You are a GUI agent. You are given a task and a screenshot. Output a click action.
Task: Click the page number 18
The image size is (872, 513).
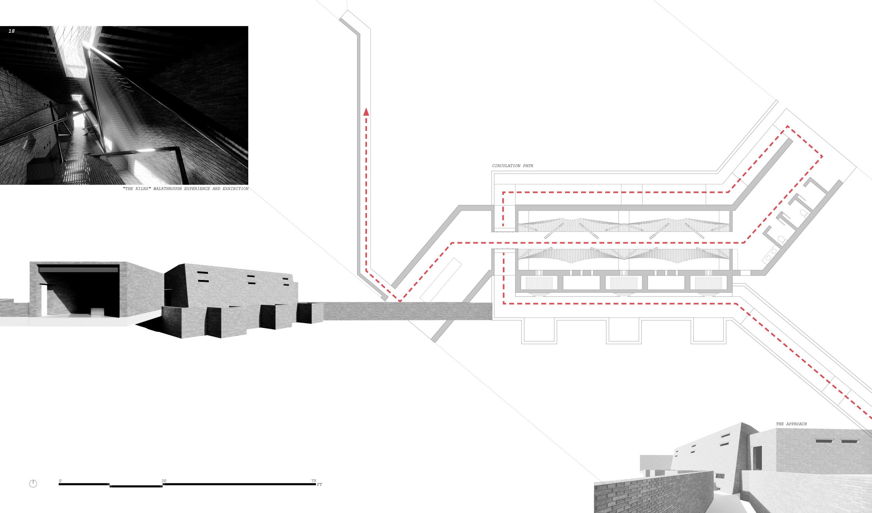coord(12,31)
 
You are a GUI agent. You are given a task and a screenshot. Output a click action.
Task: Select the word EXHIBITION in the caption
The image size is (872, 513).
coord(235,189)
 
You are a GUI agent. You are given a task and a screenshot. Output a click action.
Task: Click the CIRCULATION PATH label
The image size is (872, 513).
coord(513,166)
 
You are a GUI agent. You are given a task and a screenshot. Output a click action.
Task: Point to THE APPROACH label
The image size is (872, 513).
coord(791,424)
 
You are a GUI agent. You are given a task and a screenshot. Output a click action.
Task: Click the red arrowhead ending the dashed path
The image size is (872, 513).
coord(366,111)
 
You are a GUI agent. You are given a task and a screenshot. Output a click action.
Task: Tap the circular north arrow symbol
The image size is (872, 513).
coord(33,484)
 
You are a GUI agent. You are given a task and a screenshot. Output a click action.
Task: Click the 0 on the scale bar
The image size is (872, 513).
coord(60,481)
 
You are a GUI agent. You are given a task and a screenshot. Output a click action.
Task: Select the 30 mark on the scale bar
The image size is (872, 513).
coord(164,481)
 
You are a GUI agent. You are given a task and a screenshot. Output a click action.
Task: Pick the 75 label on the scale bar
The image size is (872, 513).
coord(314,481)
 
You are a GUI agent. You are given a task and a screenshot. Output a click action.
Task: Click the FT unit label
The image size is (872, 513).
coord(319,485)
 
